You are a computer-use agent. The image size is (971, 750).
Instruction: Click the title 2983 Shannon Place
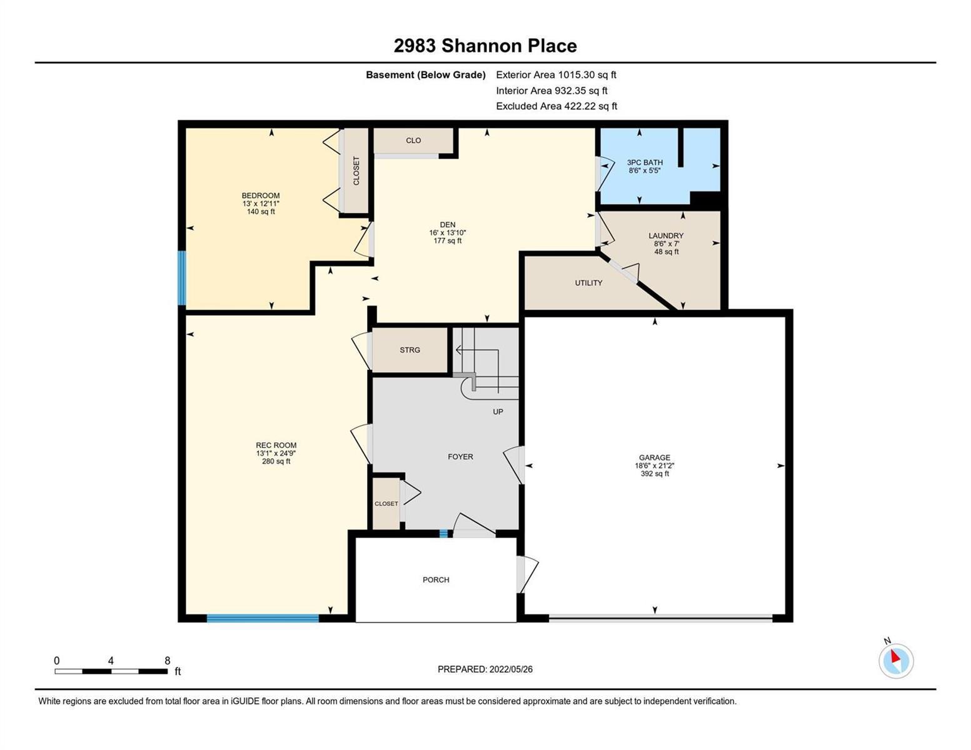click(x=485, y=46)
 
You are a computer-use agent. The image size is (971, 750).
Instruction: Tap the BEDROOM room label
click(x=261, y=196)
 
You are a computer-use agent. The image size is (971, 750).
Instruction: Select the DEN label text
click(x=448, y=224)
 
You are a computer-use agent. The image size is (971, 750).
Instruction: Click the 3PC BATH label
click(x=645, y=162)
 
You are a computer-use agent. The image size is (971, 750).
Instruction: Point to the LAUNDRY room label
click(x=666, y=236)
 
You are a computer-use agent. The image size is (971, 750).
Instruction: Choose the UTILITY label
click(x=588, y=282)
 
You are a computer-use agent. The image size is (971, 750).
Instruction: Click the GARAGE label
click(x=655, y=457)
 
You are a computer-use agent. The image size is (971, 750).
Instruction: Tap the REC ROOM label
click(x=276, y=445)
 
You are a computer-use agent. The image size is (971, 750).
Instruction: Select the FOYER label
click(x=460, y=456)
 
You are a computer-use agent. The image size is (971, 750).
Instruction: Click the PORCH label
click(x=436, y=580)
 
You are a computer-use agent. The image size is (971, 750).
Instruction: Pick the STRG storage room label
click(x=410, y=350)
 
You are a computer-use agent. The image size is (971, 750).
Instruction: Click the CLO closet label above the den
click(x=413, y=140)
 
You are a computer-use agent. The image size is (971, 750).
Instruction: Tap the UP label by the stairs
click(x=498, y=411)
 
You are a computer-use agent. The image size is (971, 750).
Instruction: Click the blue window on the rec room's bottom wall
click(x=263, y=618)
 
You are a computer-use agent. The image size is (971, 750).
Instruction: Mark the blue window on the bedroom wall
click(x=182, y=278)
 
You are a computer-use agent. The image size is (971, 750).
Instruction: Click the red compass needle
click(x=895, y=656)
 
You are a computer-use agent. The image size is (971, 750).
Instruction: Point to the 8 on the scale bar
click(x=167, y=661)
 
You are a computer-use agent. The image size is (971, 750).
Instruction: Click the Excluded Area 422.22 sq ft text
click(x=556, y=106)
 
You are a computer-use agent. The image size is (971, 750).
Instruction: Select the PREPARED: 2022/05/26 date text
click(x=485, y=669)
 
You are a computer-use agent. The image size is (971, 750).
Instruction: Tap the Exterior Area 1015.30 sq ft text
click(x=556, y=75)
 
